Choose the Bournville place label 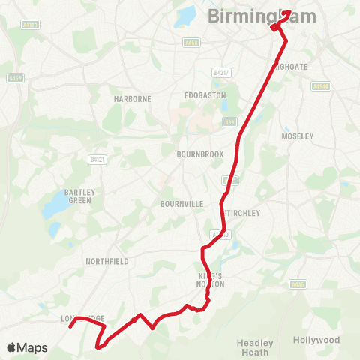178,203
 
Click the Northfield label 108,261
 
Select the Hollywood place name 316,340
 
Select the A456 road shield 15,78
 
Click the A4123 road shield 31,25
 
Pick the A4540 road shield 321,86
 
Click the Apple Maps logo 27,347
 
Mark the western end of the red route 70,326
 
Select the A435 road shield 298,284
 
